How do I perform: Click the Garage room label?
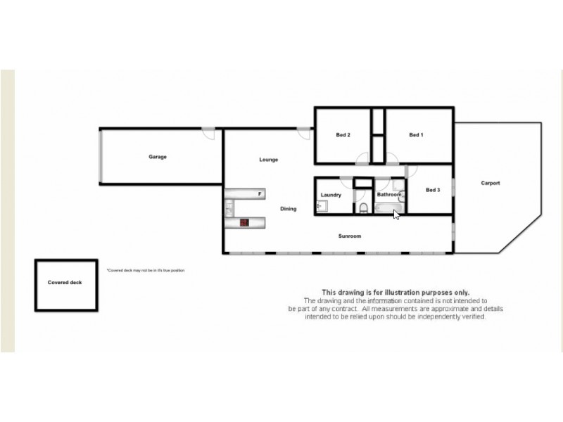pyautogui.click(x=157, y=157)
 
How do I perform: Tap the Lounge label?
pyautogui.click(x=268, y=160)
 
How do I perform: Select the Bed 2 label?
pyautogui.click(x=343, y=135)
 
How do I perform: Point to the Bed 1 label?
pyautogui.click(x=416, y=135)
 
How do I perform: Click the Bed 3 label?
pyautogui.click(x=433, y=189)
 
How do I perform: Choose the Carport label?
pyautogui.click(x=491, y=183)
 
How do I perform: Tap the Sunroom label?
pyautogui.click(x=350, y=236)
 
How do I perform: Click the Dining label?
pyautogui.click(x=289, y=208)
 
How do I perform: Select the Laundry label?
pyautogui.click(x=331, y=195)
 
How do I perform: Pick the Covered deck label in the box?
pyautogui.click(x=65, y=282)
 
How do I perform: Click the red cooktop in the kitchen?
pyautogui.click(x=244, y=222)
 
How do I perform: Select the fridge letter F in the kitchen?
pyautogui.click(x=259, y=193)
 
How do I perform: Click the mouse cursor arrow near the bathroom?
pyautogui.click(x=396, y=215)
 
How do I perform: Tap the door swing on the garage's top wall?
pyautogui.click(x=208, y=132)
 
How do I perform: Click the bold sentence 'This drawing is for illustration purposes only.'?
pyautogui.click(x=396, y=292)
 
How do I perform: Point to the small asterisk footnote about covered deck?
pyautogui.click(x=145, y=270)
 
